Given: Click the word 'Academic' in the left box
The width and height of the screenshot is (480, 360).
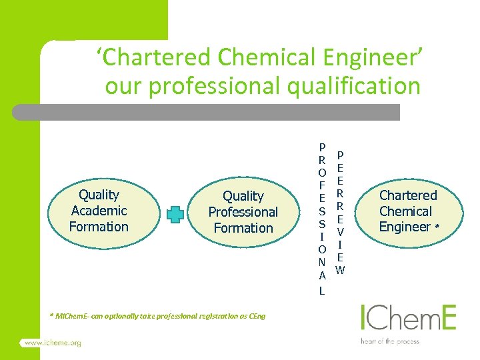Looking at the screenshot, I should click(99, 211).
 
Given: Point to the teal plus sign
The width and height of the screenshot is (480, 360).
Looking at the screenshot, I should click(175, 214).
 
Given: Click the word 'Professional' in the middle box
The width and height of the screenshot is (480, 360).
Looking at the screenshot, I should click(243, 212).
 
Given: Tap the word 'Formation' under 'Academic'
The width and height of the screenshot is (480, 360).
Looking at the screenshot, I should click(99, 227).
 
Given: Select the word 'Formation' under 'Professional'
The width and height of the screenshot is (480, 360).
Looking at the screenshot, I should click(243, 228).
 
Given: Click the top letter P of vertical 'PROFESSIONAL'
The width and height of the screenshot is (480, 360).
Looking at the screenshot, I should click(322, 147).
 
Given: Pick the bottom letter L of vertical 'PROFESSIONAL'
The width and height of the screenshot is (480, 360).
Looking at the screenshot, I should click(322, 291).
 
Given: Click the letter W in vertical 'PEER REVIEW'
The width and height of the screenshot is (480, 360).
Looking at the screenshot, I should click(340, 270).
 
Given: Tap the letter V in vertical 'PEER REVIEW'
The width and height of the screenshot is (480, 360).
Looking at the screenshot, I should click(340, 231).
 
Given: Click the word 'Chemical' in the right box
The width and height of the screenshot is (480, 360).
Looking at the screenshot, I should click(406, 211).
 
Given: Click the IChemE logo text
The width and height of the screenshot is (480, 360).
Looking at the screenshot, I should click(408, 318).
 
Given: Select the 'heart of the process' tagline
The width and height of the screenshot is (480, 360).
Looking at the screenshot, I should click(390, 341).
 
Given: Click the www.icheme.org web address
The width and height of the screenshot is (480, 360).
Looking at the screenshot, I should click(53, 343).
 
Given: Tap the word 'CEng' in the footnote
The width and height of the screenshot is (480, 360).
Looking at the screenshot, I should click(257, 316).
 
